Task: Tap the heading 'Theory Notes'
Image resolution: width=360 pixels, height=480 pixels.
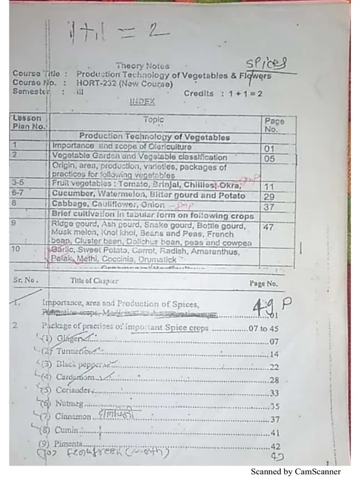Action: tap(142, 66)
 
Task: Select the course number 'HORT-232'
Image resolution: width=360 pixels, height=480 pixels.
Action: tap(97, 84)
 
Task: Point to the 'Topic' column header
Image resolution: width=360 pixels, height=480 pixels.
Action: tap(153, 120)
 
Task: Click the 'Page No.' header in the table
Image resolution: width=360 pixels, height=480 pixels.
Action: tap(274, 125)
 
